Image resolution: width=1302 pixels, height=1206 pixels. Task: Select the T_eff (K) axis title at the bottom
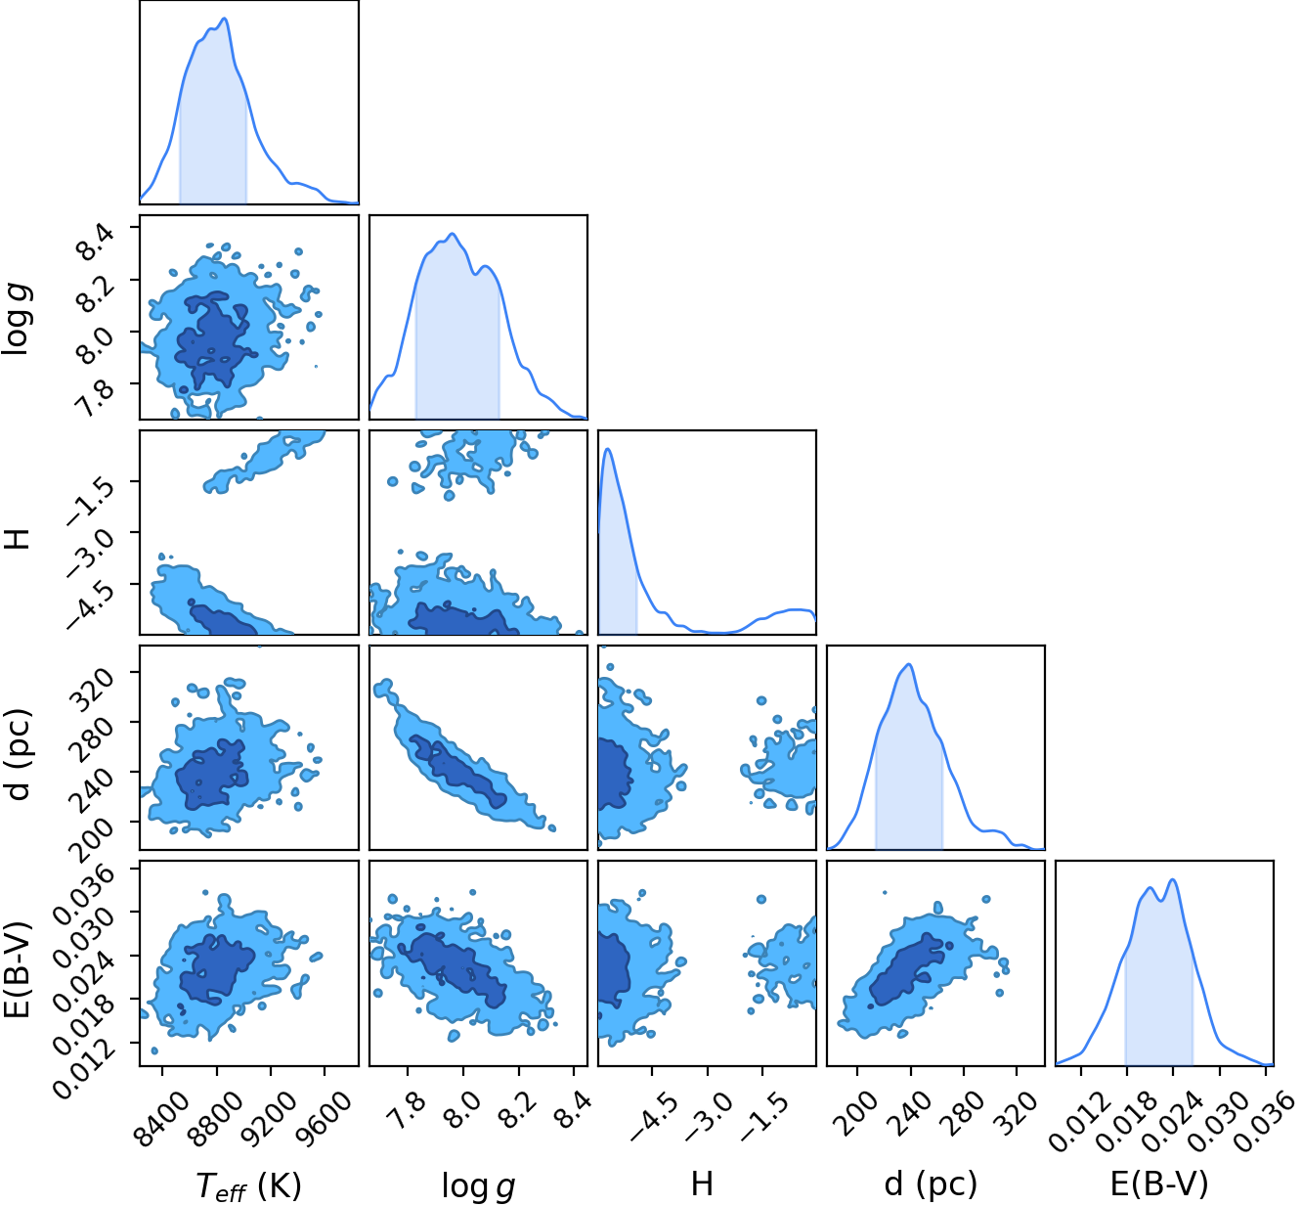[248, 1185]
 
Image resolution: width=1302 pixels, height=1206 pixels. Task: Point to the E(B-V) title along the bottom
[1159, 1184]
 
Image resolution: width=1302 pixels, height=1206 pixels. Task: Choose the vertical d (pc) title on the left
[19, 754]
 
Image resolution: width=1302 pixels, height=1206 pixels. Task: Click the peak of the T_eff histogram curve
[225, 19]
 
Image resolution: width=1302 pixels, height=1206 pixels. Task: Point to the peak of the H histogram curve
[608, 449]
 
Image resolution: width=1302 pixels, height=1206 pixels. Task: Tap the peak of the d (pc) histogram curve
[909, 665]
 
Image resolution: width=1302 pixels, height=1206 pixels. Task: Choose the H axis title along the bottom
[702, 1184]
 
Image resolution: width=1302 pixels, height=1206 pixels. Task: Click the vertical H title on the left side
[19, 539]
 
